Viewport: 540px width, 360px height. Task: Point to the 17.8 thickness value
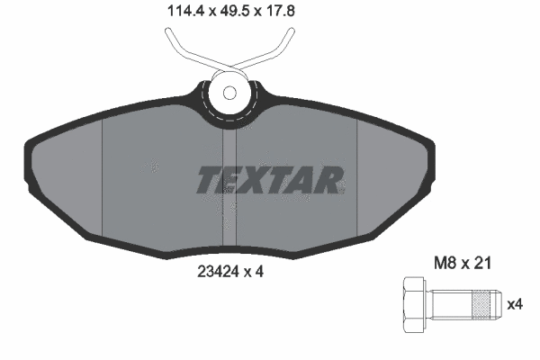pos(270,12)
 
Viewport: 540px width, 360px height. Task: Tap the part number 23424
pos(217,268)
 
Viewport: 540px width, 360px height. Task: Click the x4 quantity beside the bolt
pos(515,304)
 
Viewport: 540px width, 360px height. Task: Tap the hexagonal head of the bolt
pos(412,305)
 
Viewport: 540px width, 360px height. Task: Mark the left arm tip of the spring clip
pos(169,34)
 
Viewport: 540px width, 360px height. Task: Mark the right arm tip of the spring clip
pos(290,34)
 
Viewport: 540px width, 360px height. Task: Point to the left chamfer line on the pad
pos(103,180)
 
